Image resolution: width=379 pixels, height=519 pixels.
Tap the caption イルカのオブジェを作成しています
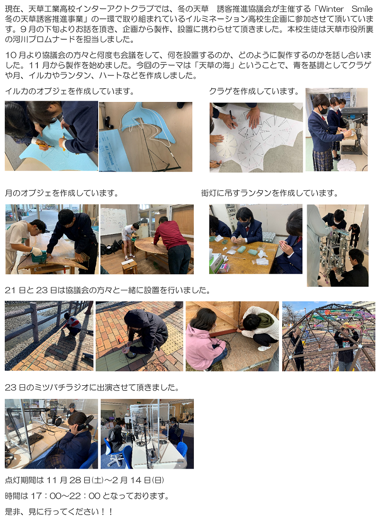70,91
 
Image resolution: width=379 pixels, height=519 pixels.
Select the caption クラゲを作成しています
254,91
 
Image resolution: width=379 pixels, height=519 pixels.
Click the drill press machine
353,129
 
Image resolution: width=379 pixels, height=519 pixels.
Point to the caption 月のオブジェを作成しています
62,193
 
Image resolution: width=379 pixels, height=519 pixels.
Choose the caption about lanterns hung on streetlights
270,193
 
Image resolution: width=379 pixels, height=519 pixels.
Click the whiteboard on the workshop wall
114,220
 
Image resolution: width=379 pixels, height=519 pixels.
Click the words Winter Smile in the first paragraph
345,9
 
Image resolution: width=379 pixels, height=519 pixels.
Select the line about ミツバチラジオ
92,387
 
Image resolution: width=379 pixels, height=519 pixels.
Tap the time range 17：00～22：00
66,496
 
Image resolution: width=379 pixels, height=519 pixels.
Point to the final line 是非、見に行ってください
59,512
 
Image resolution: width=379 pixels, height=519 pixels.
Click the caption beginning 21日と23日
108,290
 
